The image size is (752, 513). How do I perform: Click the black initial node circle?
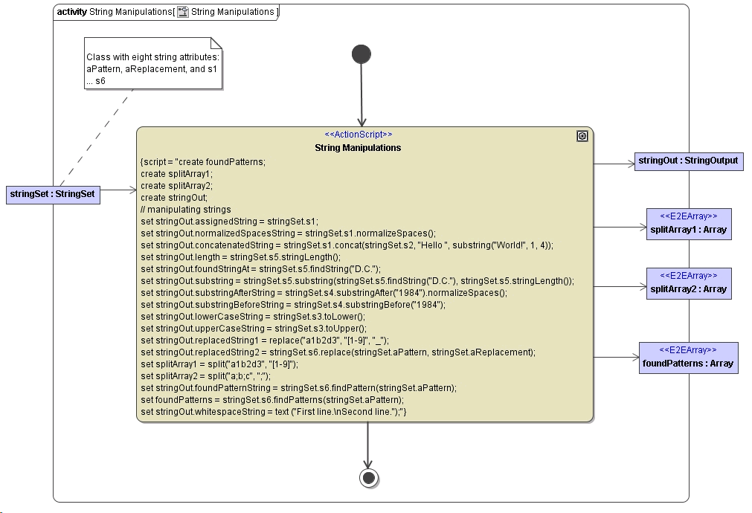coord(361,54)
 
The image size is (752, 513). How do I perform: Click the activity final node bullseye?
coord(368,477)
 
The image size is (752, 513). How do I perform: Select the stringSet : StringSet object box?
coord(53,195)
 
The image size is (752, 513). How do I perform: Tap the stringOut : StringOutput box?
coord(688,161)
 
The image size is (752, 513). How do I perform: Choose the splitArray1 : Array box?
coord(688,224)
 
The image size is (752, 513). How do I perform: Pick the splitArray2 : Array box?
coord(688,283)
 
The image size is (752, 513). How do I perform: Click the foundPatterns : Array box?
coord(688,358)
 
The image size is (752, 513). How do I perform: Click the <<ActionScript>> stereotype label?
coord(359,135)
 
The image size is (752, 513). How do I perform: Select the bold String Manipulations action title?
coord(358,148)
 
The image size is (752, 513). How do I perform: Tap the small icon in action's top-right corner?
coord(582,136)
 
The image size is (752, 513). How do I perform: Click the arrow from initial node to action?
coord(361,97)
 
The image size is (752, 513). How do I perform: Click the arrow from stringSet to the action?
coord(118,190)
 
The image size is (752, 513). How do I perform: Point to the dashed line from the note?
coord(97,138)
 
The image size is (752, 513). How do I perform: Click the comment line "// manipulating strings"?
coord(186,210)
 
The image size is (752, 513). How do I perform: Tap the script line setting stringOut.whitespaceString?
coord(274,411)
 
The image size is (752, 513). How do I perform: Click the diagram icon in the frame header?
coord(182,12)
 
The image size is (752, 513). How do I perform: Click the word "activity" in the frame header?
coord(71,12)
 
